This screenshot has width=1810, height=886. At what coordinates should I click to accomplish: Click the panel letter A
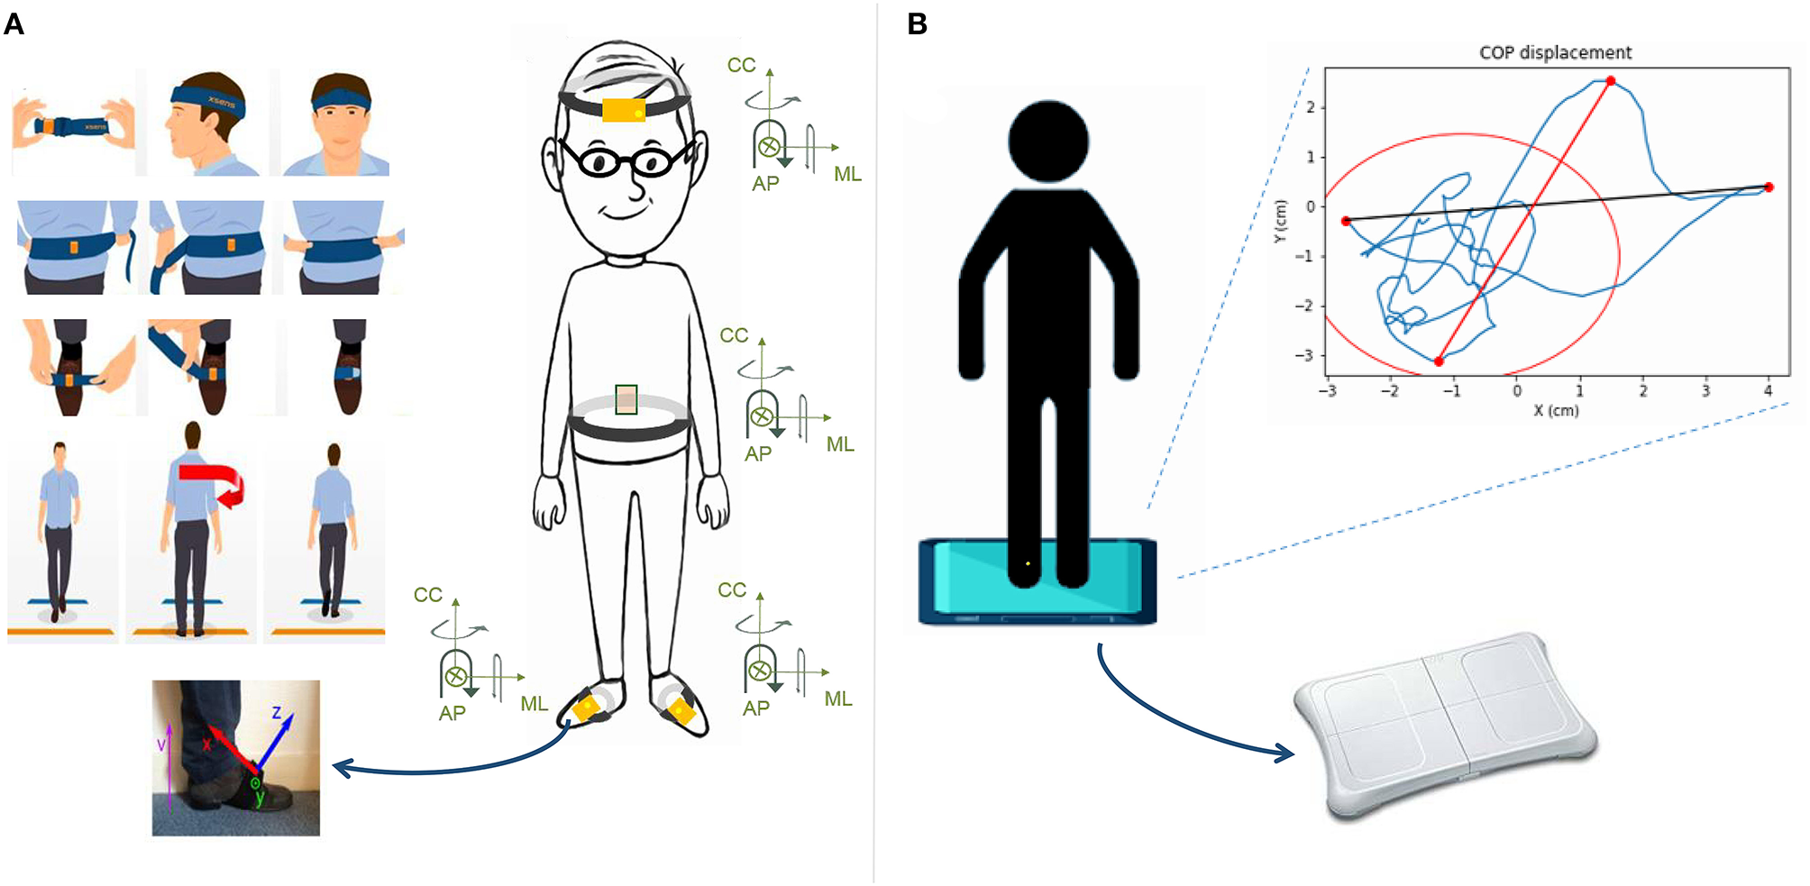click(x=14, y=23)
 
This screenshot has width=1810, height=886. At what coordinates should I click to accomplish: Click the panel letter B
click(x=918, y=23)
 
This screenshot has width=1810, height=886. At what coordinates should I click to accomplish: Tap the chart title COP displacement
click(x=1555, y=52)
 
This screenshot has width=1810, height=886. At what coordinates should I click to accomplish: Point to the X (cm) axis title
click(x=1556, y=410)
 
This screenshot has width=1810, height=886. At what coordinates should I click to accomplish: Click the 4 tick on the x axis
click(x=1768, y=391)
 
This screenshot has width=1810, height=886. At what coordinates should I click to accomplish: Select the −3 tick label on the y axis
click(x=1303, y=355)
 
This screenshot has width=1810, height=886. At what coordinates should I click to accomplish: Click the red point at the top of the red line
click(x=1611, y=81)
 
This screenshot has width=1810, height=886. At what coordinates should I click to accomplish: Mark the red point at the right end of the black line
click(x=1769, y=187)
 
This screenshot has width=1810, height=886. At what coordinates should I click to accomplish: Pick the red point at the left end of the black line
click(x=1346, y=221)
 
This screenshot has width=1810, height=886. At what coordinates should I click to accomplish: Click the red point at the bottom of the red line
click(x=1439, y=361)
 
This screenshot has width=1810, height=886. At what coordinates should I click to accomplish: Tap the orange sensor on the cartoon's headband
click(x=624, y=110)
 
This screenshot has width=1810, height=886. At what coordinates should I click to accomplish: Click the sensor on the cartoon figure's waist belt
click(x=626, y=399)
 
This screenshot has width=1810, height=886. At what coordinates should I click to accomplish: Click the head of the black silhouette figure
click(x=1048, y=142)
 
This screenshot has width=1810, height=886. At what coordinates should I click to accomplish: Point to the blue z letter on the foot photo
click(x=278, y=713)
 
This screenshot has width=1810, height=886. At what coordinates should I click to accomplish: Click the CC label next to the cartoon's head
click(x=741, y=65)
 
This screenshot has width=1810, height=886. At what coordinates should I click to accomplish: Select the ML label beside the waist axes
click(x=840, y=444)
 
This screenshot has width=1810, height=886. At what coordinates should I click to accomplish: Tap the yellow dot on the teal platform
click(x=1028, y=564)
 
